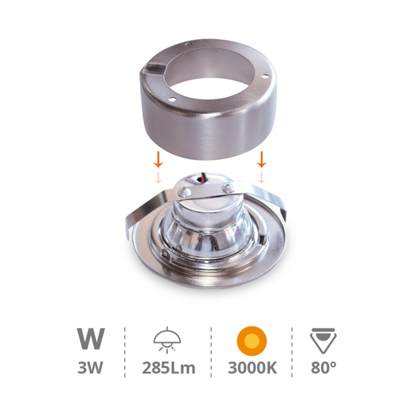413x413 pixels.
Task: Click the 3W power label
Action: [x=90, y=368]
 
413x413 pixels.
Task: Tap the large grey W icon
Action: [x=91, y=339]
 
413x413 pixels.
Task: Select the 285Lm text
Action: [x=169, y=368]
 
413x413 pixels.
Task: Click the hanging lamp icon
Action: [x=167, y=339]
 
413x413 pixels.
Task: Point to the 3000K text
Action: [x=252, y=368]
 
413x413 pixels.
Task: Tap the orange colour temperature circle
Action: [x=252, y=341]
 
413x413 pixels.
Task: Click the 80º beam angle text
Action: [x=324, y=368]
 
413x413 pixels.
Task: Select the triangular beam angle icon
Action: [x=323, y=340]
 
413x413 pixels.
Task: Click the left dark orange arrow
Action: [x=158, y=160]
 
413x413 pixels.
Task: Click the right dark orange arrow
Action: [x=261, y=160]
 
